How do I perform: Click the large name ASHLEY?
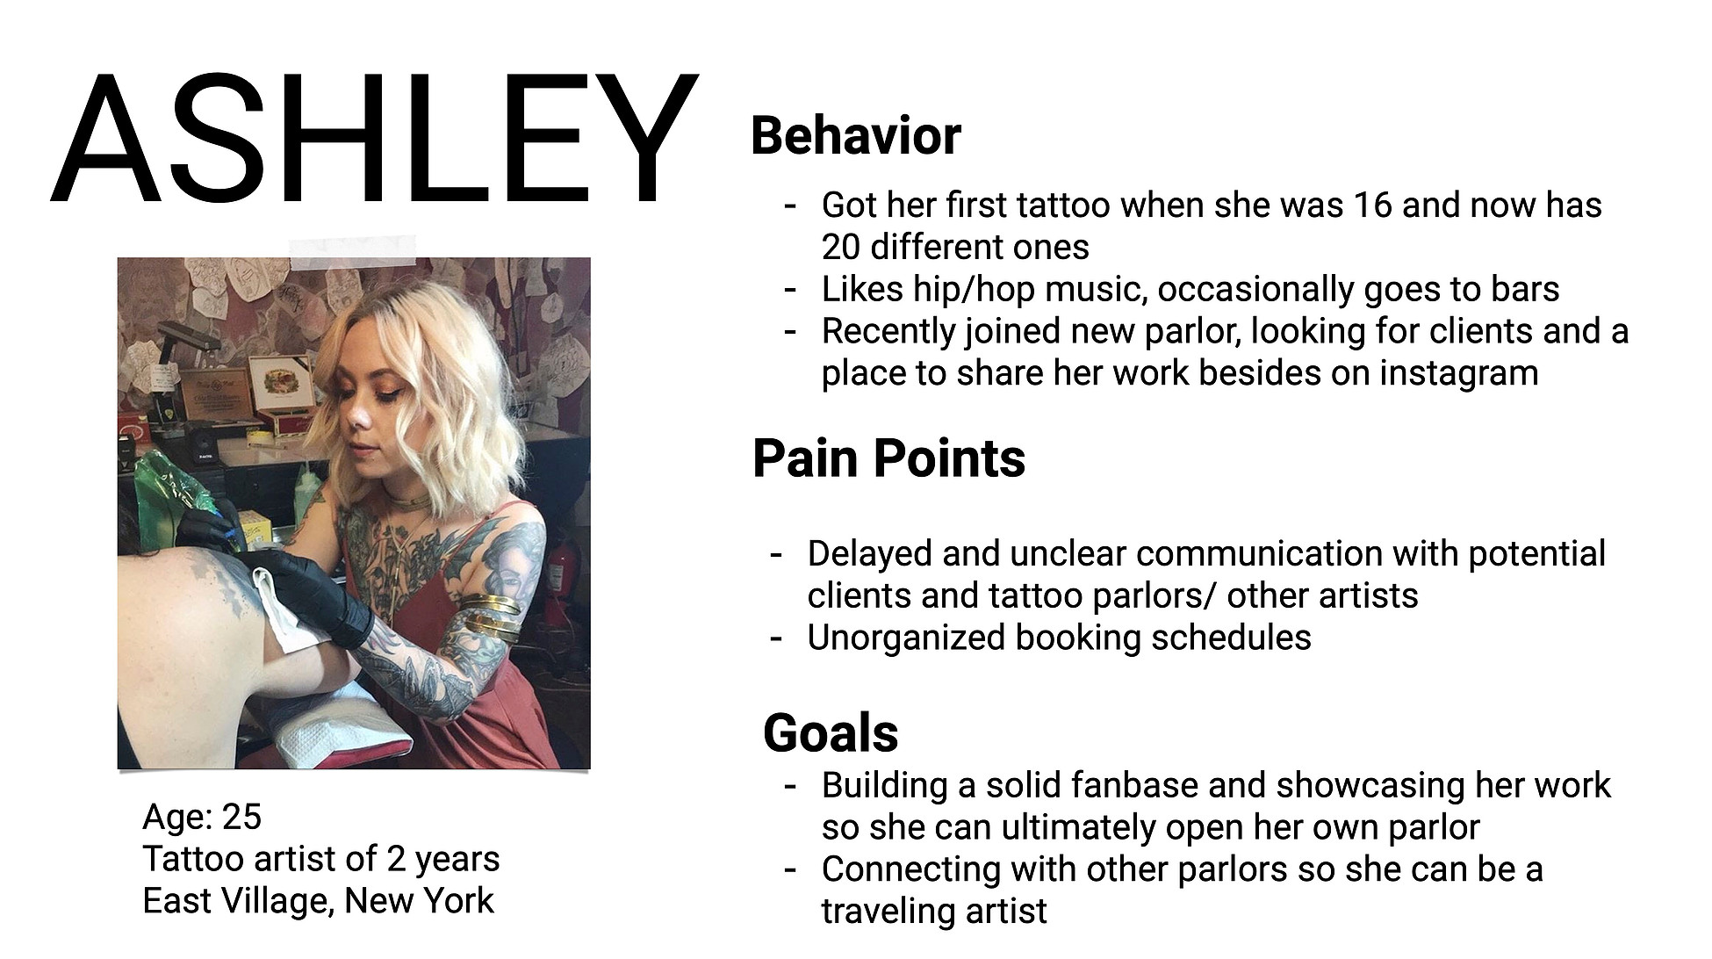click(x=375, y=139)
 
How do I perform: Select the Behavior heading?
click(x=856, y=136)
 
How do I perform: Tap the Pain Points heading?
click(x=888, y=458)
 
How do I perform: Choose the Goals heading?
click(x=831, y=733)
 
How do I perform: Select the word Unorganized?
click(x=906, y=638)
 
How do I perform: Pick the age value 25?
click(x=242, y=818)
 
